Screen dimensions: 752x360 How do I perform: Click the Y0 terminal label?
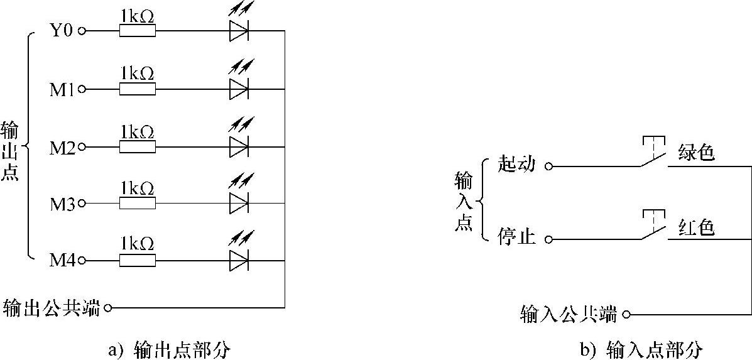62,30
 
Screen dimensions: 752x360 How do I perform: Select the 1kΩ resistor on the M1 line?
138,89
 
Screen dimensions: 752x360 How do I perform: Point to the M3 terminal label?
62,204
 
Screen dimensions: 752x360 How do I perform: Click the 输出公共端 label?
52,308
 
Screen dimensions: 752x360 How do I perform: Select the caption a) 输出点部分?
168,349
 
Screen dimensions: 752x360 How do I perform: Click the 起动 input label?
516,165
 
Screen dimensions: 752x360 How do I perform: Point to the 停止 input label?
516,238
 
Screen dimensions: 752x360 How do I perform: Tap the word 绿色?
697,153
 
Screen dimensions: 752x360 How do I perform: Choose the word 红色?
697,227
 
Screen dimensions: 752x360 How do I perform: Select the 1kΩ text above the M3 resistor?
138,188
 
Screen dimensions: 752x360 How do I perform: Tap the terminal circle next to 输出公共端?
108,308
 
